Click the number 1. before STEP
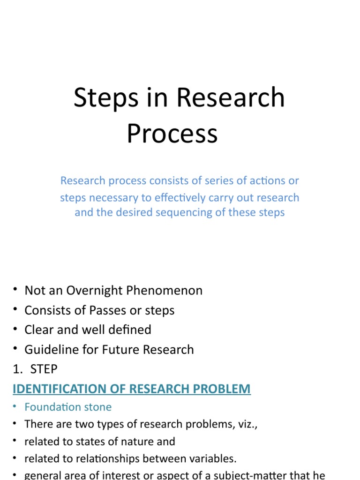pos(17,369)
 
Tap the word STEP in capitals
pos(44,369)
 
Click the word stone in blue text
pos(98,407)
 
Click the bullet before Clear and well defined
pos(15,330)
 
